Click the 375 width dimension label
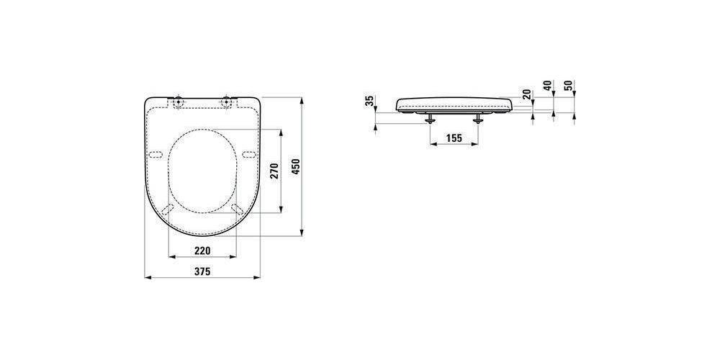202,271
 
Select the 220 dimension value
202,251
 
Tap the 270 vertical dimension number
274,171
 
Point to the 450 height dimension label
296,166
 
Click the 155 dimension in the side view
454,138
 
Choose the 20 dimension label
527,94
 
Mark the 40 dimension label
547,86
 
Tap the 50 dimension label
570,86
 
